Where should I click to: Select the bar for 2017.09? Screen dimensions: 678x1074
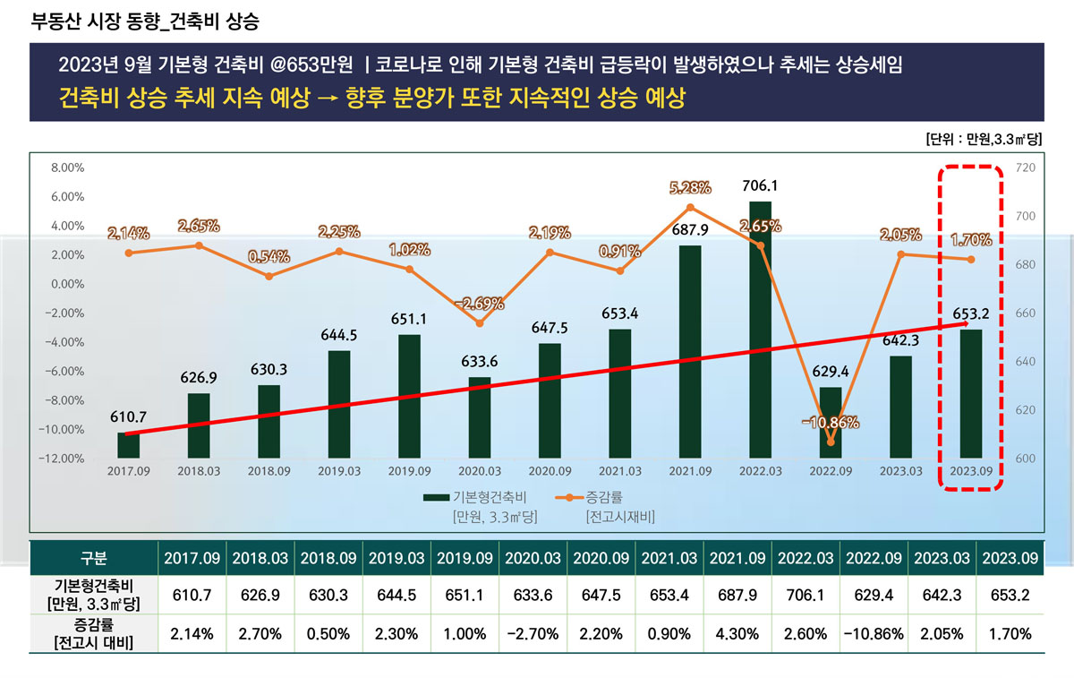128,445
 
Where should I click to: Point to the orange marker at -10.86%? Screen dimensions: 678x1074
831,442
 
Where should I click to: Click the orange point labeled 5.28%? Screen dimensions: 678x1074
690,208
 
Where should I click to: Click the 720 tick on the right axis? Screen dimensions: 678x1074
1026,167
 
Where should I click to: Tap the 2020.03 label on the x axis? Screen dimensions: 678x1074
479,469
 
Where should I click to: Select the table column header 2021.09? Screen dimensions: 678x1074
737,558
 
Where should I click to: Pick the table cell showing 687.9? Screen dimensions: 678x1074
737,594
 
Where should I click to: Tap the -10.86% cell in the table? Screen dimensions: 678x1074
874,633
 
